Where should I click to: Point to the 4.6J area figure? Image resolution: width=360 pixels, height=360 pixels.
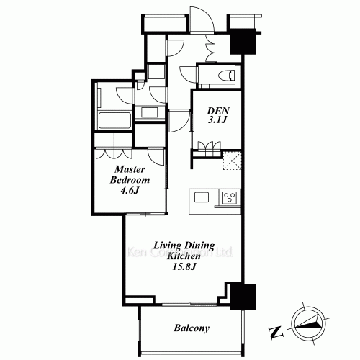(x=130, y=191)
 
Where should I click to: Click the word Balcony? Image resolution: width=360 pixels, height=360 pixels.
(x=192, y=329)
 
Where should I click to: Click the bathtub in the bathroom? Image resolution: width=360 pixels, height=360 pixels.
(x=113, y=120)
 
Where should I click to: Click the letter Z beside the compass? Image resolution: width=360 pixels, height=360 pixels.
(x=274, y=332)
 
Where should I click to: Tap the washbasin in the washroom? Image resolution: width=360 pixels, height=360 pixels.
(x=152, y=112)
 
